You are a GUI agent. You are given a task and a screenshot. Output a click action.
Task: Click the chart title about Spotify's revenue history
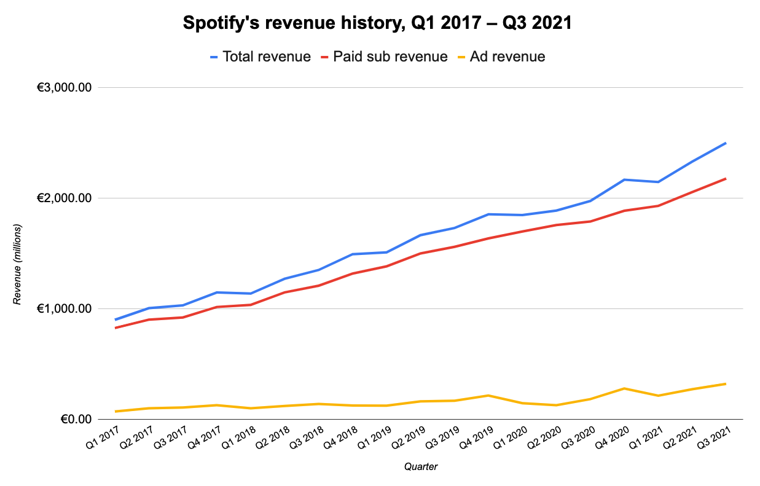tap(378, 24)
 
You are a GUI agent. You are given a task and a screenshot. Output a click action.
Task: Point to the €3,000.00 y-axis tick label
tap(65, 88)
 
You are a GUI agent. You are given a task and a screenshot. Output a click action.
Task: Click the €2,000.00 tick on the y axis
tap(65, 198)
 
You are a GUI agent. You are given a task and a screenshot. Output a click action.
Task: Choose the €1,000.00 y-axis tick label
tap(65, 309)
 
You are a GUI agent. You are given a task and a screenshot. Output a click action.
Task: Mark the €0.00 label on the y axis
tap(75, 420)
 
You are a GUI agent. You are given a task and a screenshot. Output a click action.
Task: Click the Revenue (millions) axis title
tap(18, 265)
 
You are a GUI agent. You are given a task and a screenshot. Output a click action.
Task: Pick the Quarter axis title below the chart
tap(421, 467)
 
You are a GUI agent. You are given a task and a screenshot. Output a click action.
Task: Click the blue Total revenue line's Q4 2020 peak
tap(624, 179)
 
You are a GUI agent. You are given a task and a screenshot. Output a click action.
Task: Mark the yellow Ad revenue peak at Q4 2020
tap(624, 388)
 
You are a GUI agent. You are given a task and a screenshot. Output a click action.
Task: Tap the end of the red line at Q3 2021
tap(726, 179)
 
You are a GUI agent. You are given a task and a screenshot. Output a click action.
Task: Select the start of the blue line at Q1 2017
tap(116, 319)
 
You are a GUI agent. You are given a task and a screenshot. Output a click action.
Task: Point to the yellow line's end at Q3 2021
tap(726, 384)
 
